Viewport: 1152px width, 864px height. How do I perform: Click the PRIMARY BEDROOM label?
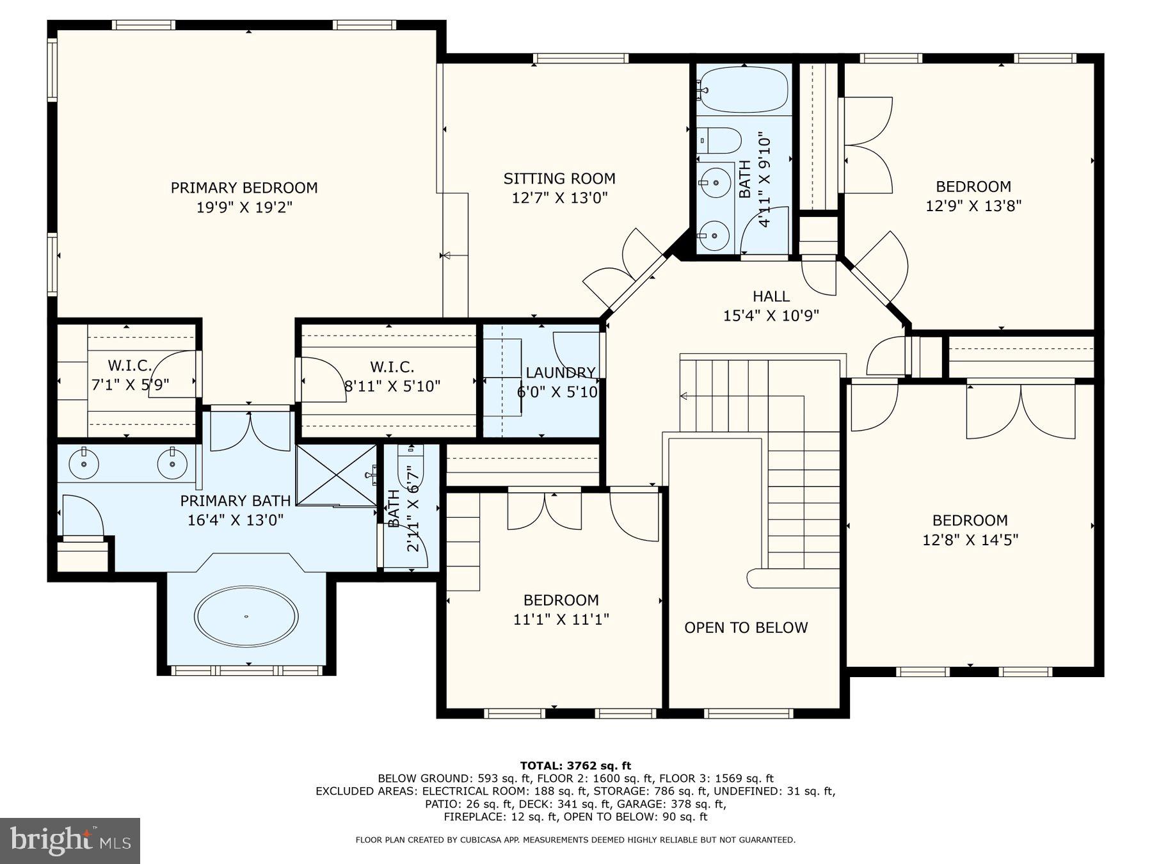tap(244, 188)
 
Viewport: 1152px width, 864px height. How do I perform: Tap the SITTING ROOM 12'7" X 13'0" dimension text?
tap(559, 198)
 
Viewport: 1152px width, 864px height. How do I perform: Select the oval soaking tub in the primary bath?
tap(246, 616)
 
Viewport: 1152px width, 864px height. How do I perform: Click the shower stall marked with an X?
tap(336, 474)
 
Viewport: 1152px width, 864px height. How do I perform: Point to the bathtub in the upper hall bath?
tap(743, 90)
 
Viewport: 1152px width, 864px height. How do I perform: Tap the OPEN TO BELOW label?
tap(746, 628)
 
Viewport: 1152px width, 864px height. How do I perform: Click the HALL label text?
tap(771, 296)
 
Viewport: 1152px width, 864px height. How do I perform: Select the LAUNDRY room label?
tap(560, 372)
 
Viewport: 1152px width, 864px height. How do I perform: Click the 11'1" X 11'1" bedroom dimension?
tap(561, 620)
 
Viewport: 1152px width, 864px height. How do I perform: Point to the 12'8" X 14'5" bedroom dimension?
tap(970, 540)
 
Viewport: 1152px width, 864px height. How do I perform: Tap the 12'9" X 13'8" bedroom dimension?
tap(973, 206)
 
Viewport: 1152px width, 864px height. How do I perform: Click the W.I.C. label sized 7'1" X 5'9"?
tap(130, 366)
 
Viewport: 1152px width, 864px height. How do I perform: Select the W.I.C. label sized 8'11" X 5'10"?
tap(392, 367)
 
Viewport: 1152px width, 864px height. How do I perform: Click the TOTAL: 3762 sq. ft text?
tap(575, 765)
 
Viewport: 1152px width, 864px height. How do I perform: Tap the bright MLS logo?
tap(70, 840)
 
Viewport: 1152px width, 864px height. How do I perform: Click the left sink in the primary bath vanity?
tap(83, 461)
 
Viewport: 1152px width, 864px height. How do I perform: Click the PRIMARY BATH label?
tap(235, 500)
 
